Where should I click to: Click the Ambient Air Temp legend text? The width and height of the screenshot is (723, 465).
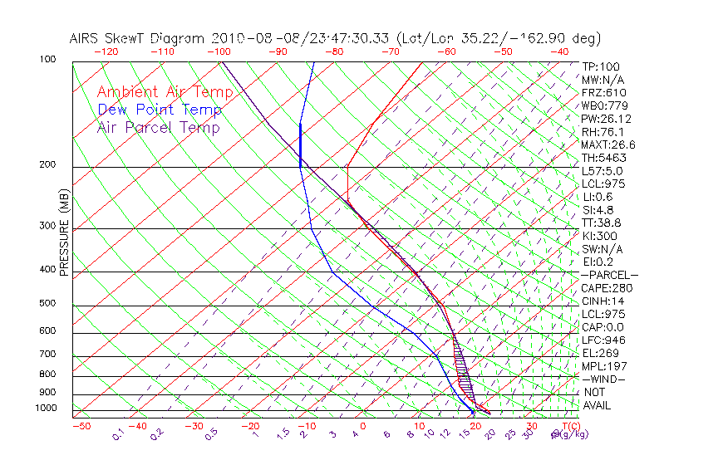tap(165, 92)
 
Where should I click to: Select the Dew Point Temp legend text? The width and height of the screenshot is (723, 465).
tap(159, 110)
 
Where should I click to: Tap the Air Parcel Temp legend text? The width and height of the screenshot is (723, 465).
tap(158, 127)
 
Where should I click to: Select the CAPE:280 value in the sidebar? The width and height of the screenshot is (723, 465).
tap(602, 288)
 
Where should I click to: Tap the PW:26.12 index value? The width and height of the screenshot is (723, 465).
tap(602, 119)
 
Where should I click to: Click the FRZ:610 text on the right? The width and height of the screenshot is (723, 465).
tap(602, 93)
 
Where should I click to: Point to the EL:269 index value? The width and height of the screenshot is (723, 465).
tap(599, 353)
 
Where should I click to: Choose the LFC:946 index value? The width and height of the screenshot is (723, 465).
tap(602, 340)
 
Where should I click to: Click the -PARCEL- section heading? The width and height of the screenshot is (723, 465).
tap(609, 275)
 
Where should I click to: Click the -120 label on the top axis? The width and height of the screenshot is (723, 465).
tap(107, 51)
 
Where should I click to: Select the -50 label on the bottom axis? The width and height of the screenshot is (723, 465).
tap(81, 426)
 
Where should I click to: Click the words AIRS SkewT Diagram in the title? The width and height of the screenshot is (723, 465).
tap(138, 38)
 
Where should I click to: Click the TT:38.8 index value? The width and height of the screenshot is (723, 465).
tap(602, 223)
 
